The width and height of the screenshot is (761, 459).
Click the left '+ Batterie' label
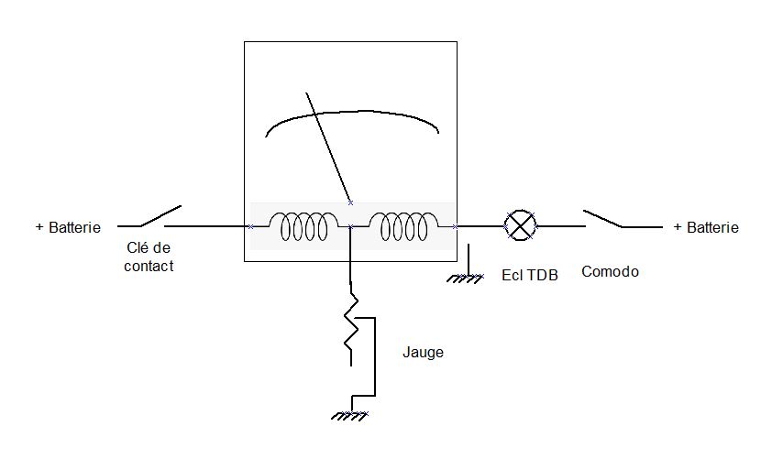[x=68, y=227]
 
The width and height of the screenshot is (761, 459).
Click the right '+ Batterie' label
[x=706, y=227]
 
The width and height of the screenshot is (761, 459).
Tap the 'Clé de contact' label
[x=149, y=257]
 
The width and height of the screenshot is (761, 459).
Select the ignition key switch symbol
[x=160, y=217]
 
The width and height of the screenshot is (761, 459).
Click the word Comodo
[x=610, y=272]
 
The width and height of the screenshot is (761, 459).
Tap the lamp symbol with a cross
[x=521, y=224]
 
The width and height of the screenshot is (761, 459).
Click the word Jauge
[x=423, y=352]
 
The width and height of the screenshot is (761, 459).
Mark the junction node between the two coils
[x=350, y=225]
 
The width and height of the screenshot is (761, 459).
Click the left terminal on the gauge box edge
[x=249, y=225]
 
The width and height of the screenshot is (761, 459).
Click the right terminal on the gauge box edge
[x=456, y=225]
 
